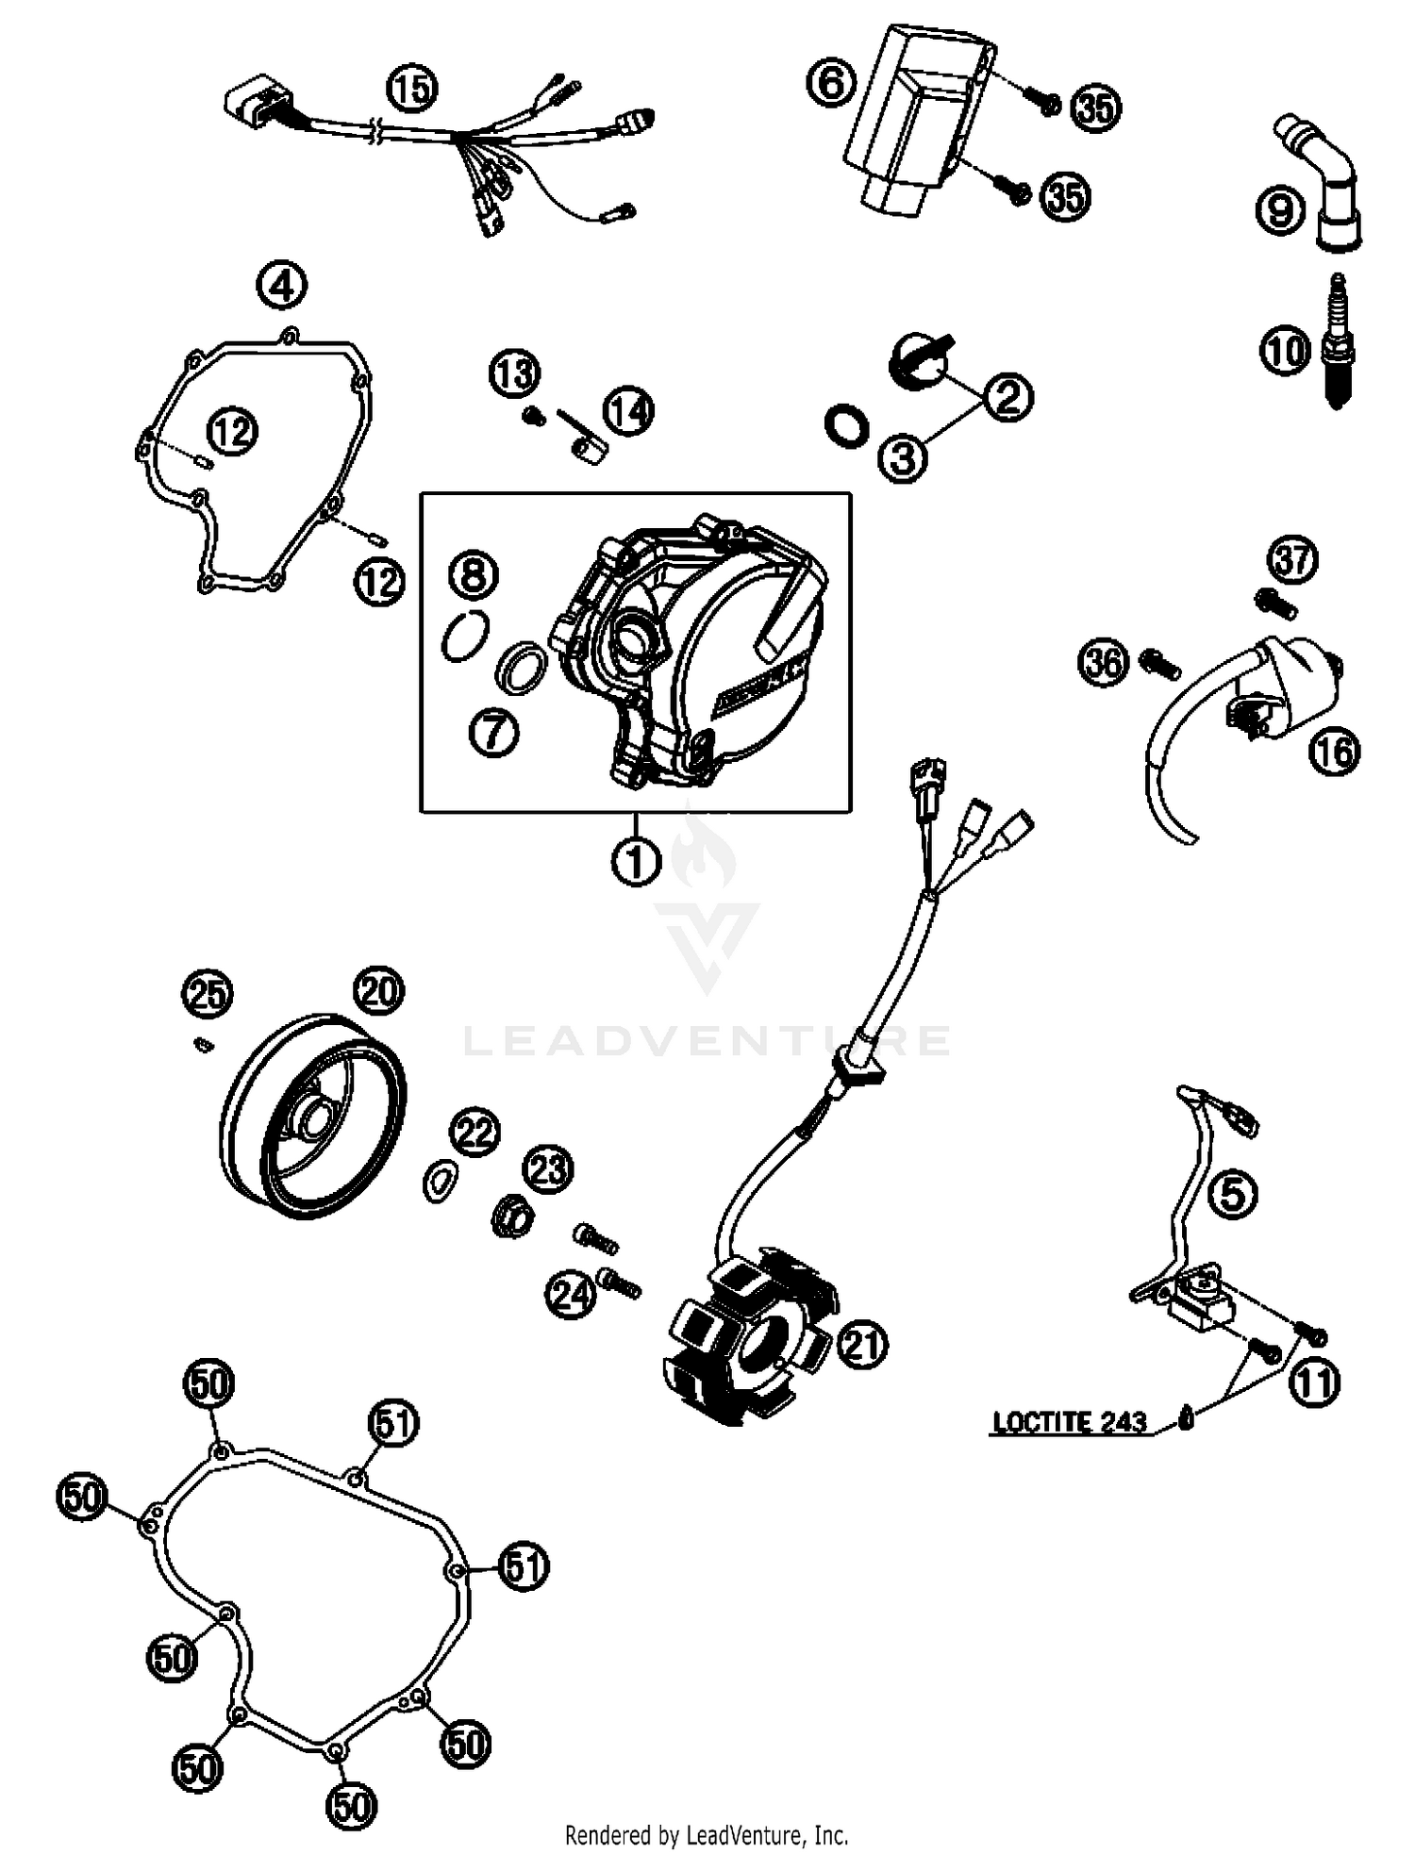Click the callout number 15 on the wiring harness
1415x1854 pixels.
coord(412,91)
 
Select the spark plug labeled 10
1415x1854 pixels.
coord(1336,341)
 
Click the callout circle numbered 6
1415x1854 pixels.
coord(831,82)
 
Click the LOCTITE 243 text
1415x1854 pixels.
coord(1070,1421)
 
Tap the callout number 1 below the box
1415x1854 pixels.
coord(636,860)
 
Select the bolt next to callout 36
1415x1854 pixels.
coord(1160,665)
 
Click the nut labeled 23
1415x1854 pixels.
coord(512,1217)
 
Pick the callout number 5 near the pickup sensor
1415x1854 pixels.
coord(1233,1195)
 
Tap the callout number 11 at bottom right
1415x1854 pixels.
coord(1313,1382)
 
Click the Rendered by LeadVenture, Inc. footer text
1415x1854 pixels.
coord(707,1834)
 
